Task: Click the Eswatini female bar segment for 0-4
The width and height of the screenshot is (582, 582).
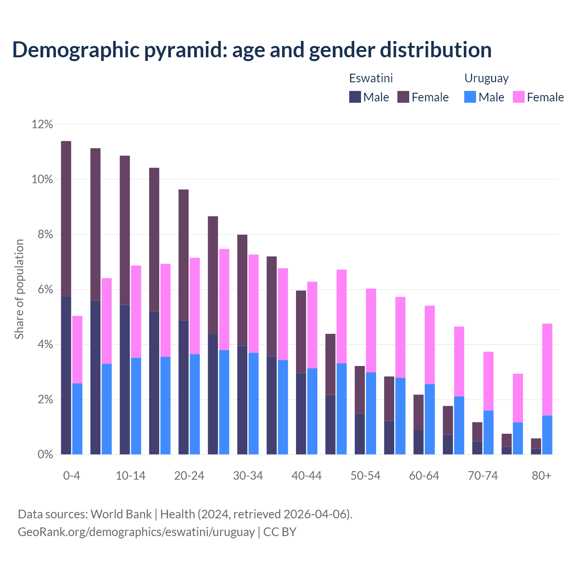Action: [66, 218]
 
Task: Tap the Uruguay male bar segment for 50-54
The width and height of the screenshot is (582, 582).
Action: [371, 413]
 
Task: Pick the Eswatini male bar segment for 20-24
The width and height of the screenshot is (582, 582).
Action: [183, 387]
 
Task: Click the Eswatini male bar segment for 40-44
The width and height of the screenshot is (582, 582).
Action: [301, 413]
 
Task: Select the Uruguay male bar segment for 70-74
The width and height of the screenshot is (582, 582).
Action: [488, 432]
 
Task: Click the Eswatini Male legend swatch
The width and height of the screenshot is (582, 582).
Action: [355, 97]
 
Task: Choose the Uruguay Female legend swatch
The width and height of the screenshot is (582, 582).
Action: [518, 97]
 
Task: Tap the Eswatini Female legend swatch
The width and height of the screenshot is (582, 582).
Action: [403, 97]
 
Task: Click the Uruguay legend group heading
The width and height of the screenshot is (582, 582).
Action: [486, 78]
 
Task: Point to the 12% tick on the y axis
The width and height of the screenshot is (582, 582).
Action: [42, 124]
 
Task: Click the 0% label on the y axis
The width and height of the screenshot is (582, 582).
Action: [45, 455]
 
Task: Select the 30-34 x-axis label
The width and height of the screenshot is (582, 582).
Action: [248, 476]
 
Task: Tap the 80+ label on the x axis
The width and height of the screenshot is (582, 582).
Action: [542, 476]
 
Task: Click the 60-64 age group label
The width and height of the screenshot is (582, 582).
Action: [424, 476]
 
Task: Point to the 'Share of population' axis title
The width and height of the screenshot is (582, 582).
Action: [19, 289]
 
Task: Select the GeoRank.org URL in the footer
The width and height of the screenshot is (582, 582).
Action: [136, 532]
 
